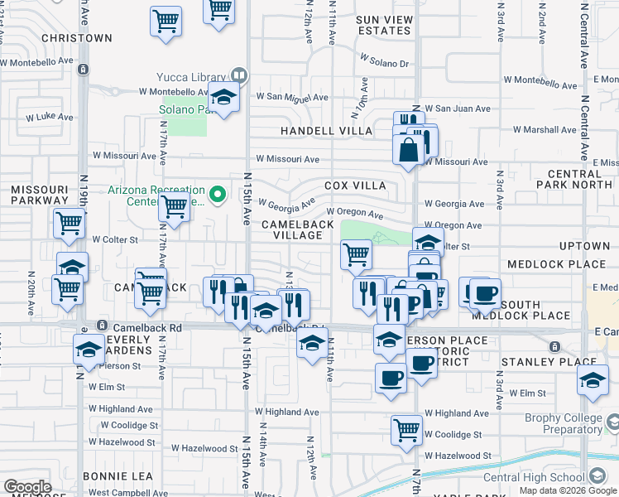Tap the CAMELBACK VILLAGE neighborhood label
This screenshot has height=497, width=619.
[x=298, y=229]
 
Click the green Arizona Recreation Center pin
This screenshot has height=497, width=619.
[x=218, y=195]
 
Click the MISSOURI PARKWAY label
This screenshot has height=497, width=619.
[x=39, y=195]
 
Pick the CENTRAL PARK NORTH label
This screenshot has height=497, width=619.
[x=578, y=179]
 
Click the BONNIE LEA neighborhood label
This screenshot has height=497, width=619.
[x=118, y=476]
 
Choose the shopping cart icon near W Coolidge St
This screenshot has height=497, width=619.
[x=407, y=431]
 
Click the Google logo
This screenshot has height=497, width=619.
[x=27, y=487]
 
